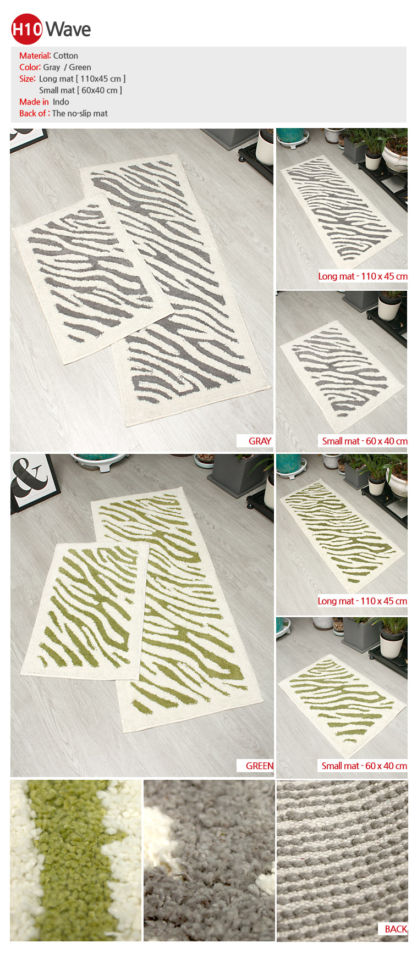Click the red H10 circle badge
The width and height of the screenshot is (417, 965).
pos(26,29)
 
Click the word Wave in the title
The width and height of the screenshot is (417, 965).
pos(68,29)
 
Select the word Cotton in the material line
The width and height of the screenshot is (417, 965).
pos(65,56)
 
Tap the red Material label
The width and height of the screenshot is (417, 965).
pos(35,56)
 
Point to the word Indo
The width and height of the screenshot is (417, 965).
pos(61,102)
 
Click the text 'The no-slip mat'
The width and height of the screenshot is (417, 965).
pos(80,113)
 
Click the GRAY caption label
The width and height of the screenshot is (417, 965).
pos(260,441)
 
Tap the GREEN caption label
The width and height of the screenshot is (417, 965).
pos(259,766)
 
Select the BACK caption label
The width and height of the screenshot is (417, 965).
pos(396,929)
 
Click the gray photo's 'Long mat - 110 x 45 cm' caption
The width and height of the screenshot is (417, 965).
pos(363,276)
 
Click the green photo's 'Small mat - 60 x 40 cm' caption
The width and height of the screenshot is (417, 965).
pos(364,766)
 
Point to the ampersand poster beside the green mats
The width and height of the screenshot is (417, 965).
pos(33,482)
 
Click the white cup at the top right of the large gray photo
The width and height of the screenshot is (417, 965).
pos(265,147)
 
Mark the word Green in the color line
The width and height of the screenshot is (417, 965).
pos(80,67)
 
